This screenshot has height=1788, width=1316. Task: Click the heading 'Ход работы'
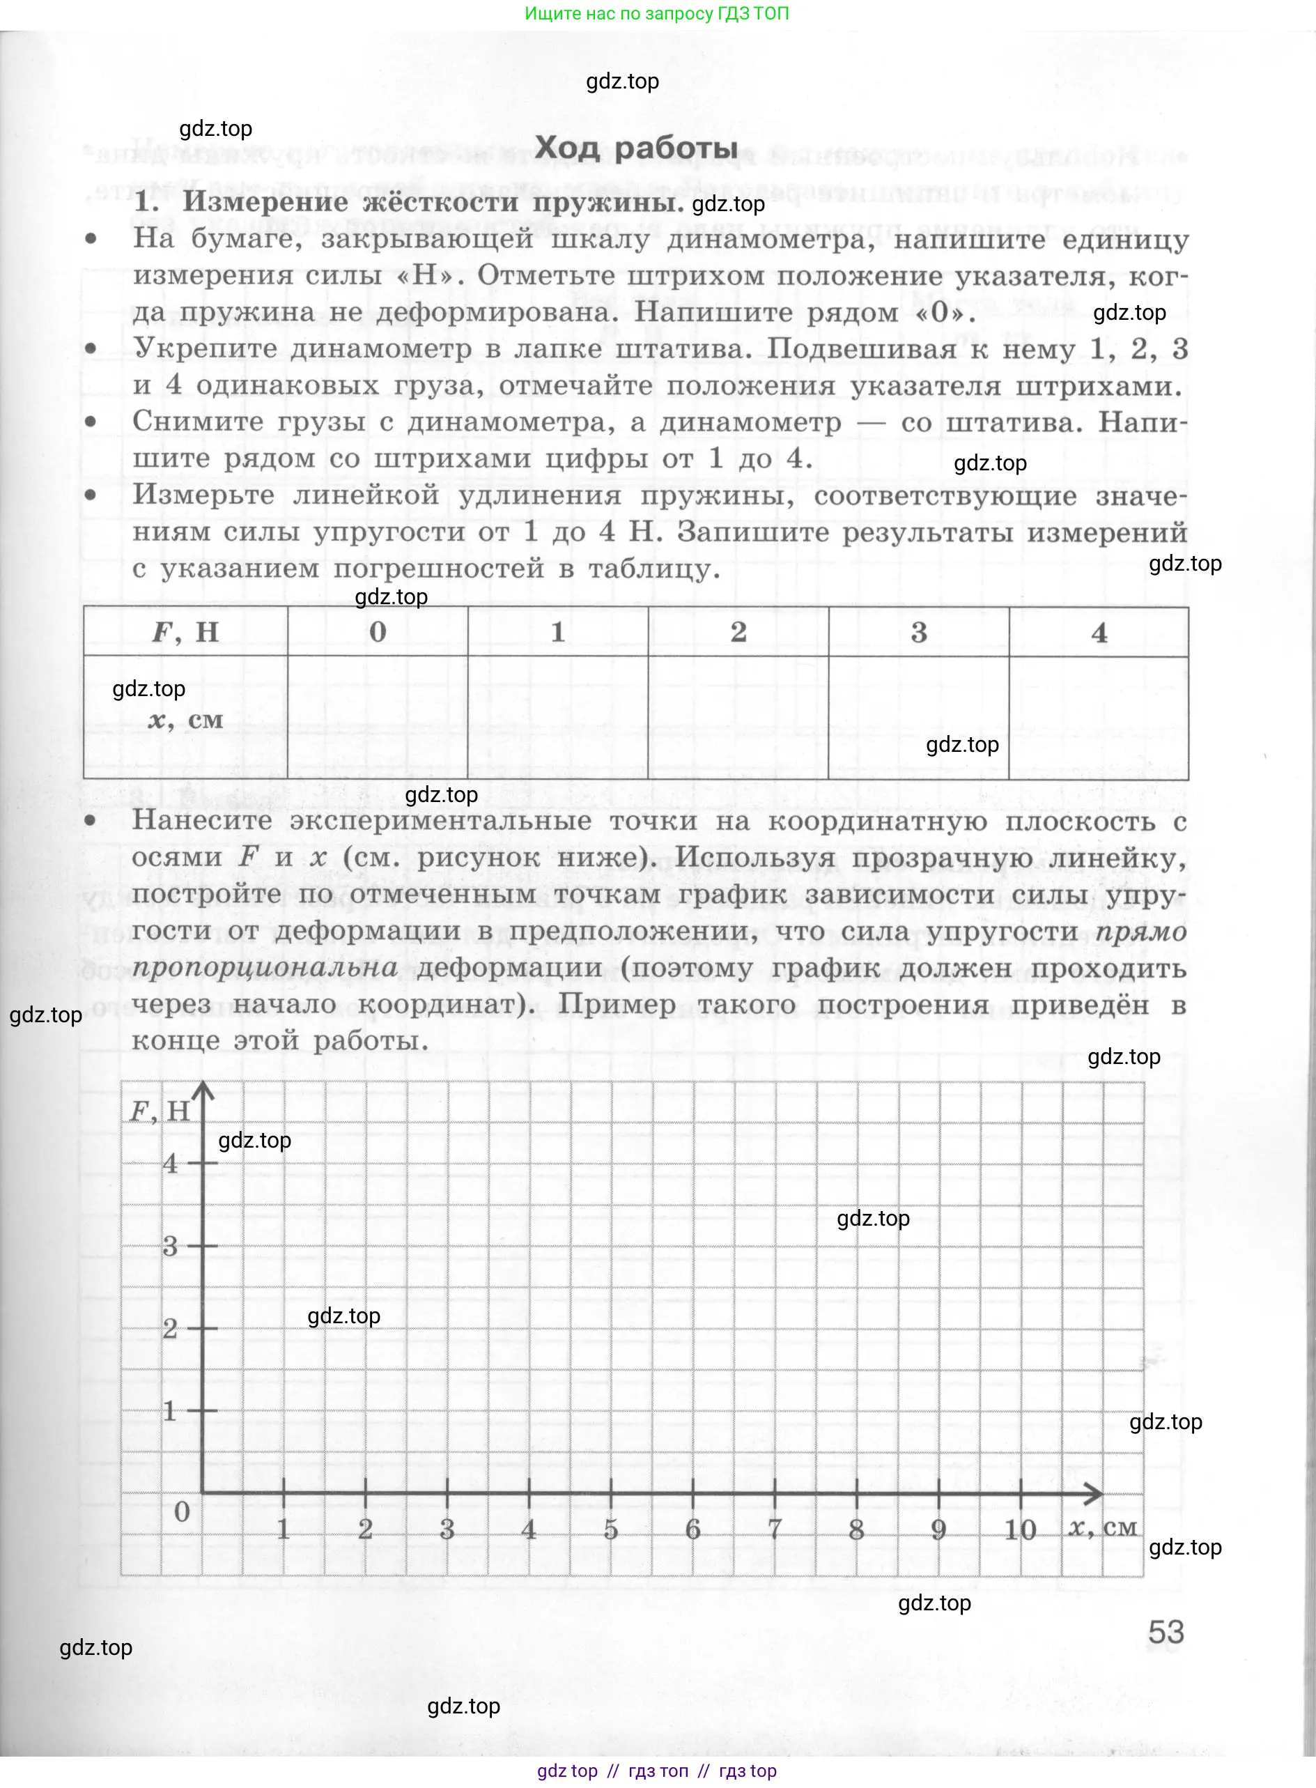(x=635, y=148)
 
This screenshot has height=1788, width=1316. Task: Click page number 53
(x=1166, y=1632)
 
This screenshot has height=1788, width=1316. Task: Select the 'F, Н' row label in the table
(x=185, y=632)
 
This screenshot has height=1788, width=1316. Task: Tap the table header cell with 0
(x=378, y=632)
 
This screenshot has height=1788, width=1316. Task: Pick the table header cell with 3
(x=918, y=633)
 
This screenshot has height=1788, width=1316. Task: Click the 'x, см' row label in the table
(x=185, y=720)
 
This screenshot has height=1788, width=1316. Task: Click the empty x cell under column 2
(x=738, y=717)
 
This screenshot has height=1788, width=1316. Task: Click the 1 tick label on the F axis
(x=170, y=1411)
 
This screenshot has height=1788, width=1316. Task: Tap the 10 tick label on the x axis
(x=1020, y=1529)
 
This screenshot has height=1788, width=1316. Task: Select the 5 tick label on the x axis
(x=611, y=1529)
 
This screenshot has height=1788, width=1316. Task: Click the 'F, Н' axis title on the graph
(x=160, y=1111)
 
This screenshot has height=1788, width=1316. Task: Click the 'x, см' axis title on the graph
(x=1103, y=1527)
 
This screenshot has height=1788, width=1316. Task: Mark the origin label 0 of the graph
(x=182, y=1511)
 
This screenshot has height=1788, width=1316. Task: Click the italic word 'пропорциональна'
(x=265, y=967)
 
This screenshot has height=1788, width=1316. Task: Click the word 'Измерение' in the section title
(x=266, y=202)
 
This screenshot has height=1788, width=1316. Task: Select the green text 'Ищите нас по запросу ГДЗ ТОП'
(x=656, y=13)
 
